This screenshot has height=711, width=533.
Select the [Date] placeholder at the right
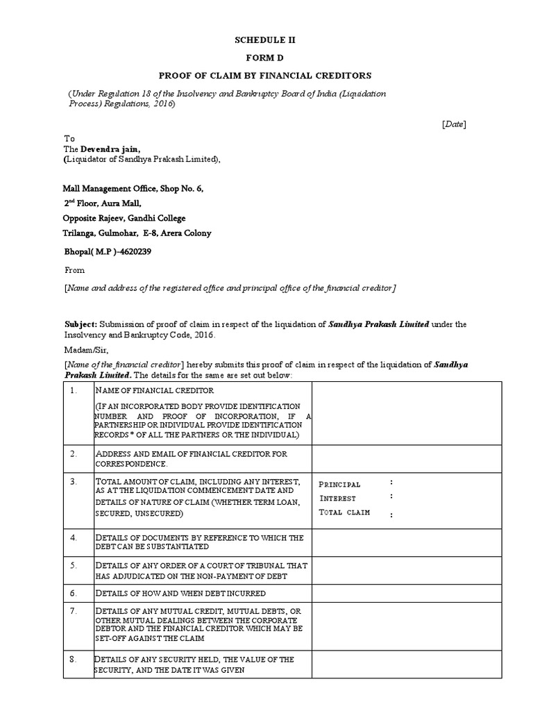tap(455, 124)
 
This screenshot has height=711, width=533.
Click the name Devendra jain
tap(115, 149)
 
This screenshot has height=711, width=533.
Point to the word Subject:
tap(81, 324)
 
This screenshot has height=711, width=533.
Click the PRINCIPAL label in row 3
tap(340, 484)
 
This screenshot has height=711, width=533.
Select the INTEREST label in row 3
tap(338, 498)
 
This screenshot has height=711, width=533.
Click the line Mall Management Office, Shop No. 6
tap(133, 188)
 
